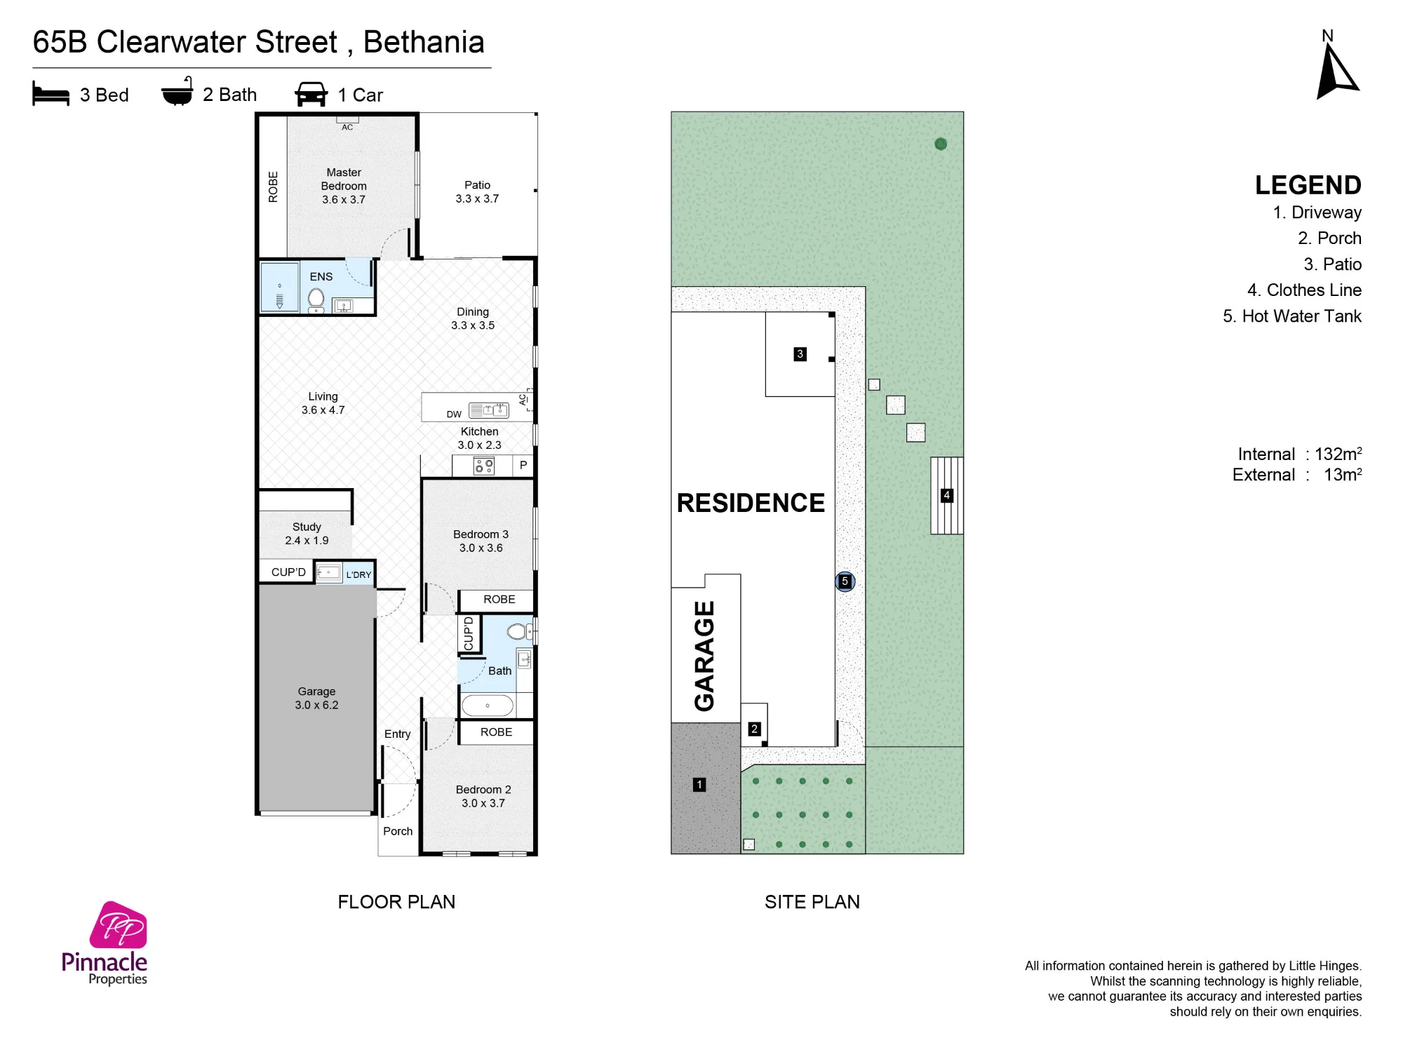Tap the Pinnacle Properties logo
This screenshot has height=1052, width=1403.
pyautogui.click(x=105, y=943)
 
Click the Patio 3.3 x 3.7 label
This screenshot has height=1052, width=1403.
pyautogui.click(x=477, y=191)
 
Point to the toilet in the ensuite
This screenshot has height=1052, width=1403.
pyautogui.click(x=316, y=300)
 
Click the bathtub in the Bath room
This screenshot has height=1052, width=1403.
pyautogui.click(x=488, y=705)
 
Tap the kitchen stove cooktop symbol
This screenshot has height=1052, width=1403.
pyautogui.click(x=483, y=466)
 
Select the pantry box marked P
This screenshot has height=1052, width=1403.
pyautogui.click(x=523, y=465)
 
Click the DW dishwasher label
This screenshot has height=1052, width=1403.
pyautogui.click(x=454, y=414)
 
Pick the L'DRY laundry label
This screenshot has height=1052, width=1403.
pyautogui.click(x=358, y=574)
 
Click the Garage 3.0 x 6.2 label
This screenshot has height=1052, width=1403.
pyautogui.click(x=316, y=698)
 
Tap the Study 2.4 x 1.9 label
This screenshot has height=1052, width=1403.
pyautogui.click(x=307, y=533)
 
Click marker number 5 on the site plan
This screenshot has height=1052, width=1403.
pyautogui.click(x=845, y=581)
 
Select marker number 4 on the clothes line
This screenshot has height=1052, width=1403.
pyautogui.click(x=946, y=495)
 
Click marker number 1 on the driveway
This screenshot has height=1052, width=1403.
pyautogui.click(x=699, y=784)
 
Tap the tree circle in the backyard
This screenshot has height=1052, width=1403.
pyautogui.click(x=941, y=144)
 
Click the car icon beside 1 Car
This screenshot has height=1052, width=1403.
pyautogui.click(x=311, y=94)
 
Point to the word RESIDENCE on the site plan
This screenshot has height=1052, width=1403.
pyautogui.click(x=751, y=503)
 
